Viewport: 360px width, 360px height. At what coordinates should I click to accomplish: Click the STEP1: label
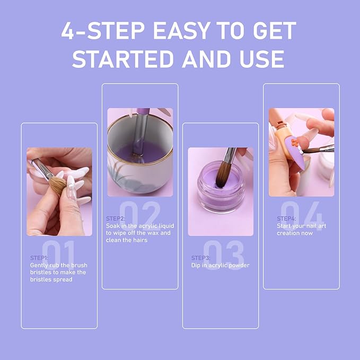tap(39, 258)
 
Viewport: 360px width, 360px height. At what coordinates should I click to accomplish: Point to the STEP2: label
tap(116, 218)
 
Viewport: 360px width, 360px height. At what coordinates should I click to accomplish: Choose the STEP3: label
tap(201, 258)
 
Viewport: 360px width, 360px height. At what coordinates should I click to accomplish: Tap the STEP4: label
tap(286, 218)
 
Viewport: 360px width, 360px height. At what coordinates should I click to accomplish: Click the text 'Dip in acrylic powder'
tap(220, 265)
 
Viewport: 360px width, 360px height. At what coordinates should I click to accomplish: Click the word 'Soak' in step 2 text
tap(113, 226)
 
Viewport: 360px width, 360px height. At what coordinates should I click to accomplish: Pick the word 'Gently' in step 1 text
tap(40, 265)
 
